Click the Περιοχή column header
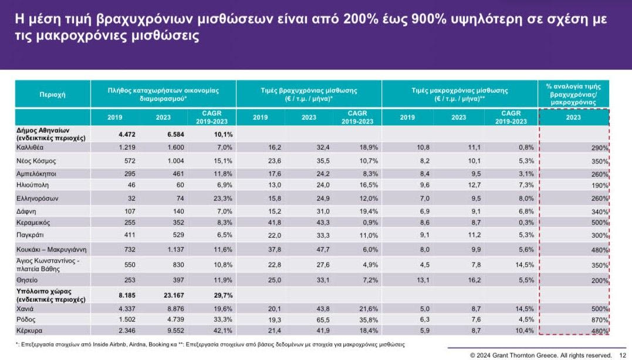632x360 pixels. pyautogui.click(x=52, y=94)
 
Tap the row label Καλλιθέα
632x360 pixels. pyautogui.click(x=32, y=147)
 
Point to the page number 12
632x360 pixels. pyautogui.click(x=623, y=355)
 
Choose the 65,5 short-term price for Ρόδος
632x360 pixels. pyautogui.click(x=309, y=319)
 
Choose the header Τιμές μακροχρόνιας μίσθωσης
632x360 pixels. pyautogui.click(x=459, y=95)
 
